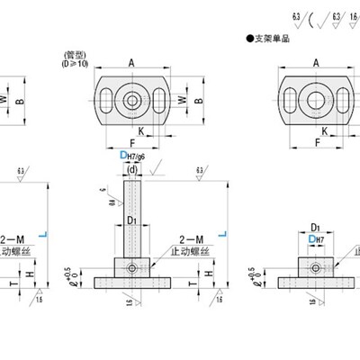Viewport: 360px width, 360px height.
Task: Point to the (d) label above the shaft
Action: click(x=133, y=168)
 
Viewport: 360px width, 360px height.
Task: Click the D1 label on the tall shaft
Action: click(x=132, y=220)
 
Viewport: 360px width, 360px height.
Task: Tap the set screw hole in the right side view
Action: click(x=315, y=268)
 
